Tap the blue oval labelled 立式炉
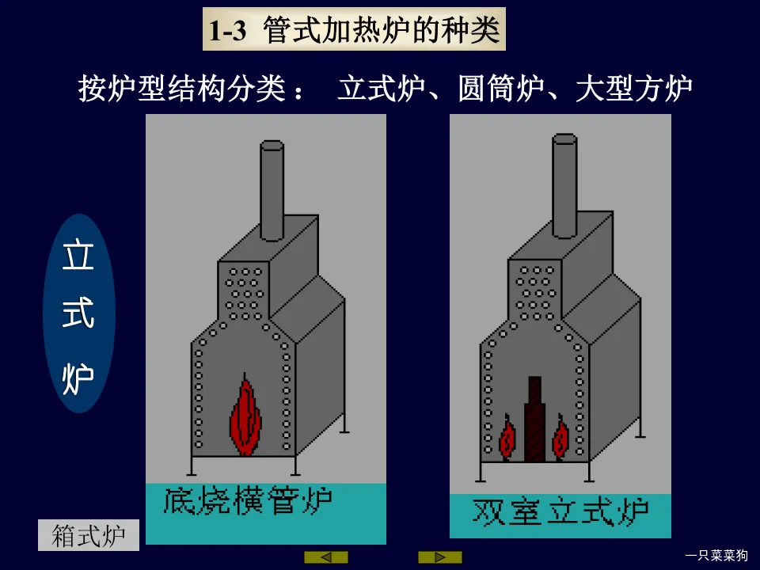point(78,313)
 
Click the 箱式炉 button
point(89,535)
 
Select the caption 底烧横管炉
point(249,502)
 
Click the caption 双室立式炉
point(560,512)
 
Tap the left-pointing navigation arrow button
point(326,557)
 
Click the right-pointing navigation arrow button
point(440,557)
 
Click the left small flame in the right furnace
point(507,437)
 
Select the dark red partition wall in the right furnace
point(534,420)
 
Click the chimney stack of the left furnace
point(272,190)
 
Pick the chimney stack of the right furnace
point(564,185)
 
